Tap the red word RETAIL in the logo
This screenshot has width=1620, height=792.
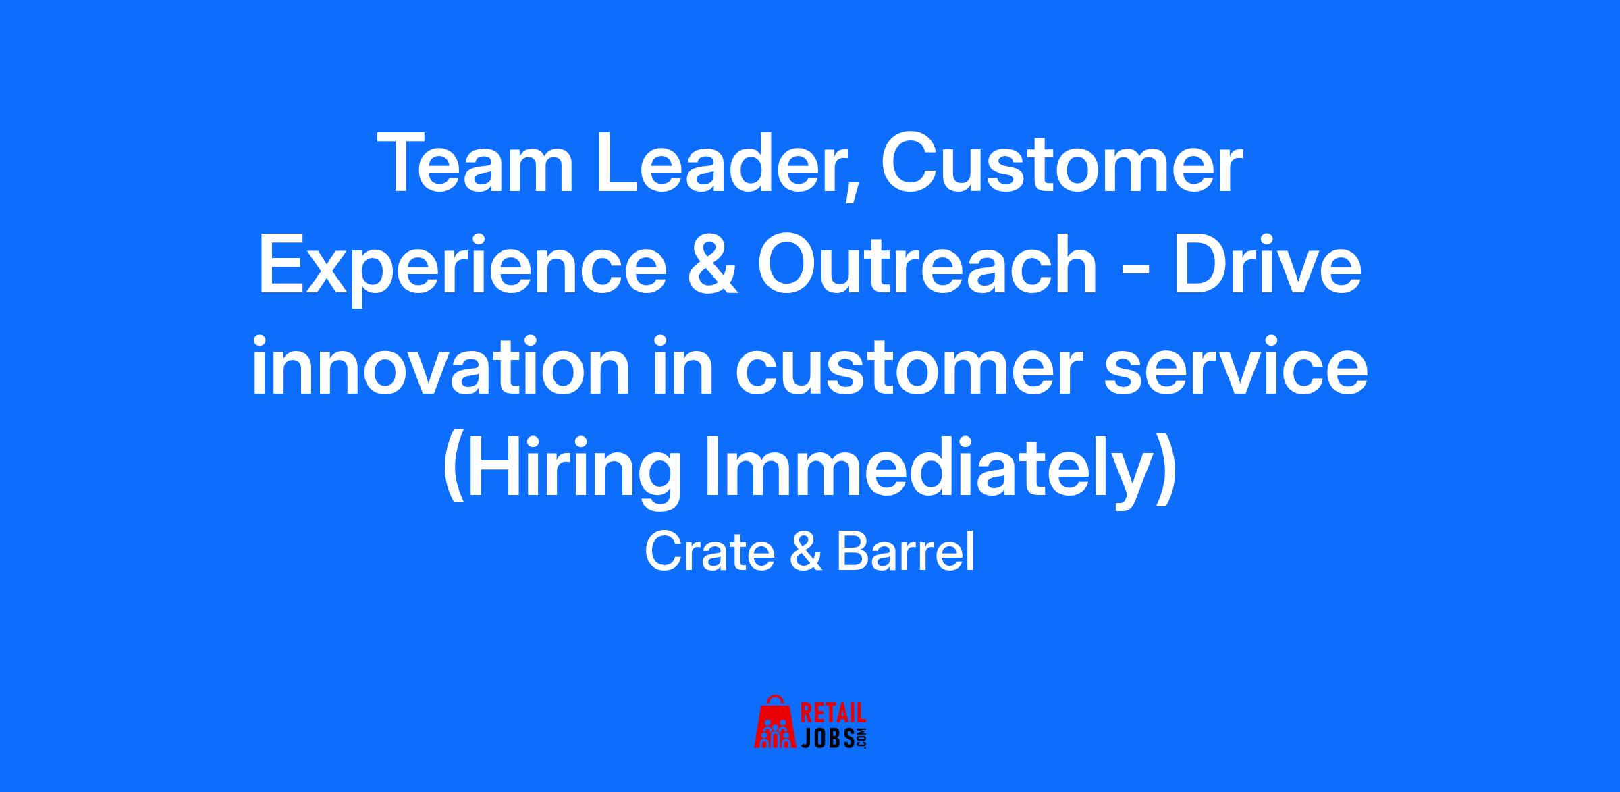(x=833, y=714)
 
